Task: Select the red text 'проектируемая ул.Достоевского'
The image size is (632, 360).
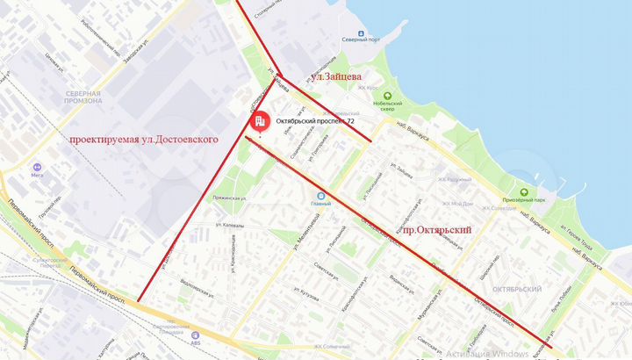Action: [144, 139]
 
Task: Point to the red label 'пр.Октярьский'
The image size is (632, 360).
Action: [436, 229]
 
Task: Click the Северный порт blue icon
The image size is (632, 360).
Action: [361, 27]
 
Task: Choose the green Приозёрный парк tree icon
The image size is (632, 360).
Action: [523, 192]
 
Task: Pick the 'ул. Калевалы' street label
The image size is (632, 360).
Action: [229, 226]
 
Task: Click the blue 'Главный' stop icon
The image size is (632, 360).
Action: [320, 195]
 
